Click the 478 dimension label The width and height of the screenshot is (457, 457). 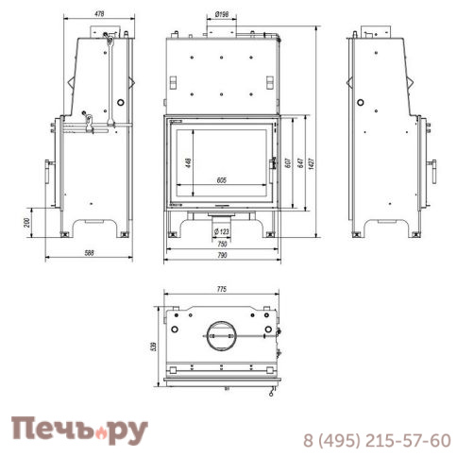point(98,13)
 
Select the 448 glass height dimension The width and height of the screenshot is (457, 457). point(189,161)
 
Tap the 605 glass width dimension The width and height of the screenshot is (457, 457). point(221,179)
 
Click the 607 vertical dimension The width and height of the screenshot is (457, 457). point(287,162)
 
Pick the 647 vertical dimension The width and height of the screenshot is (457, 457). point(299,162)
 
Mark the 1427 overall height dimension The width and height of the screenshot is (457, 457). point(312,162)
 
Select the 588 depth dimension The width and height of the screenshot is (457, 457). point(90,254)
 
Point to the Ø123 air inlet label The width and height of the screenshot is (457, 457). point(222,230)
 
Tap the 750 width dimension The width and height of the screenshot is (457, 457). point(221,243)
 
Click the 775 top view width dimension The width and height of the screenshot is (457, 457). point(221,290)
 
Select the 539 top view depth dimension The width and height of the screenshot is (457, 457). point(144,346)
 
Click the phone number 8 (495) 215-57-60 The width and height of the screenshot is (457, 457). point(377,440)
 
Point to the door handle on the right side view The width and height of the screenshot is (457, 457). point(433,173)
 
